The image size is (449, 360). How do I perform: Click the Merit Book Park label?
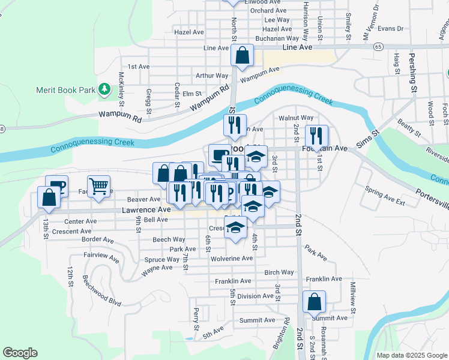(66, 90)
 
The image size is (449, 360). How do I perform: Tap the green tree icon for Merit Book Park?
(104, 89)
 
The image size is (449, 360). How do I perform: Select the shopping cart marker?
(98, 185)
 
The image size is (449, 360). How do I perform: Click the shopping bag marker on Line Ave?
(242, 56)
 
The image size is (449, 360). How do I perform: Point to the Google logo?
(20, 353)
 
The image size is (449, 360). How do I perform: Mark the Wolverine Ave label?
(232, 258)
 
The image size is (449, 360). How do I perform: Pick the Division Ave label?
(255, 296)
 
